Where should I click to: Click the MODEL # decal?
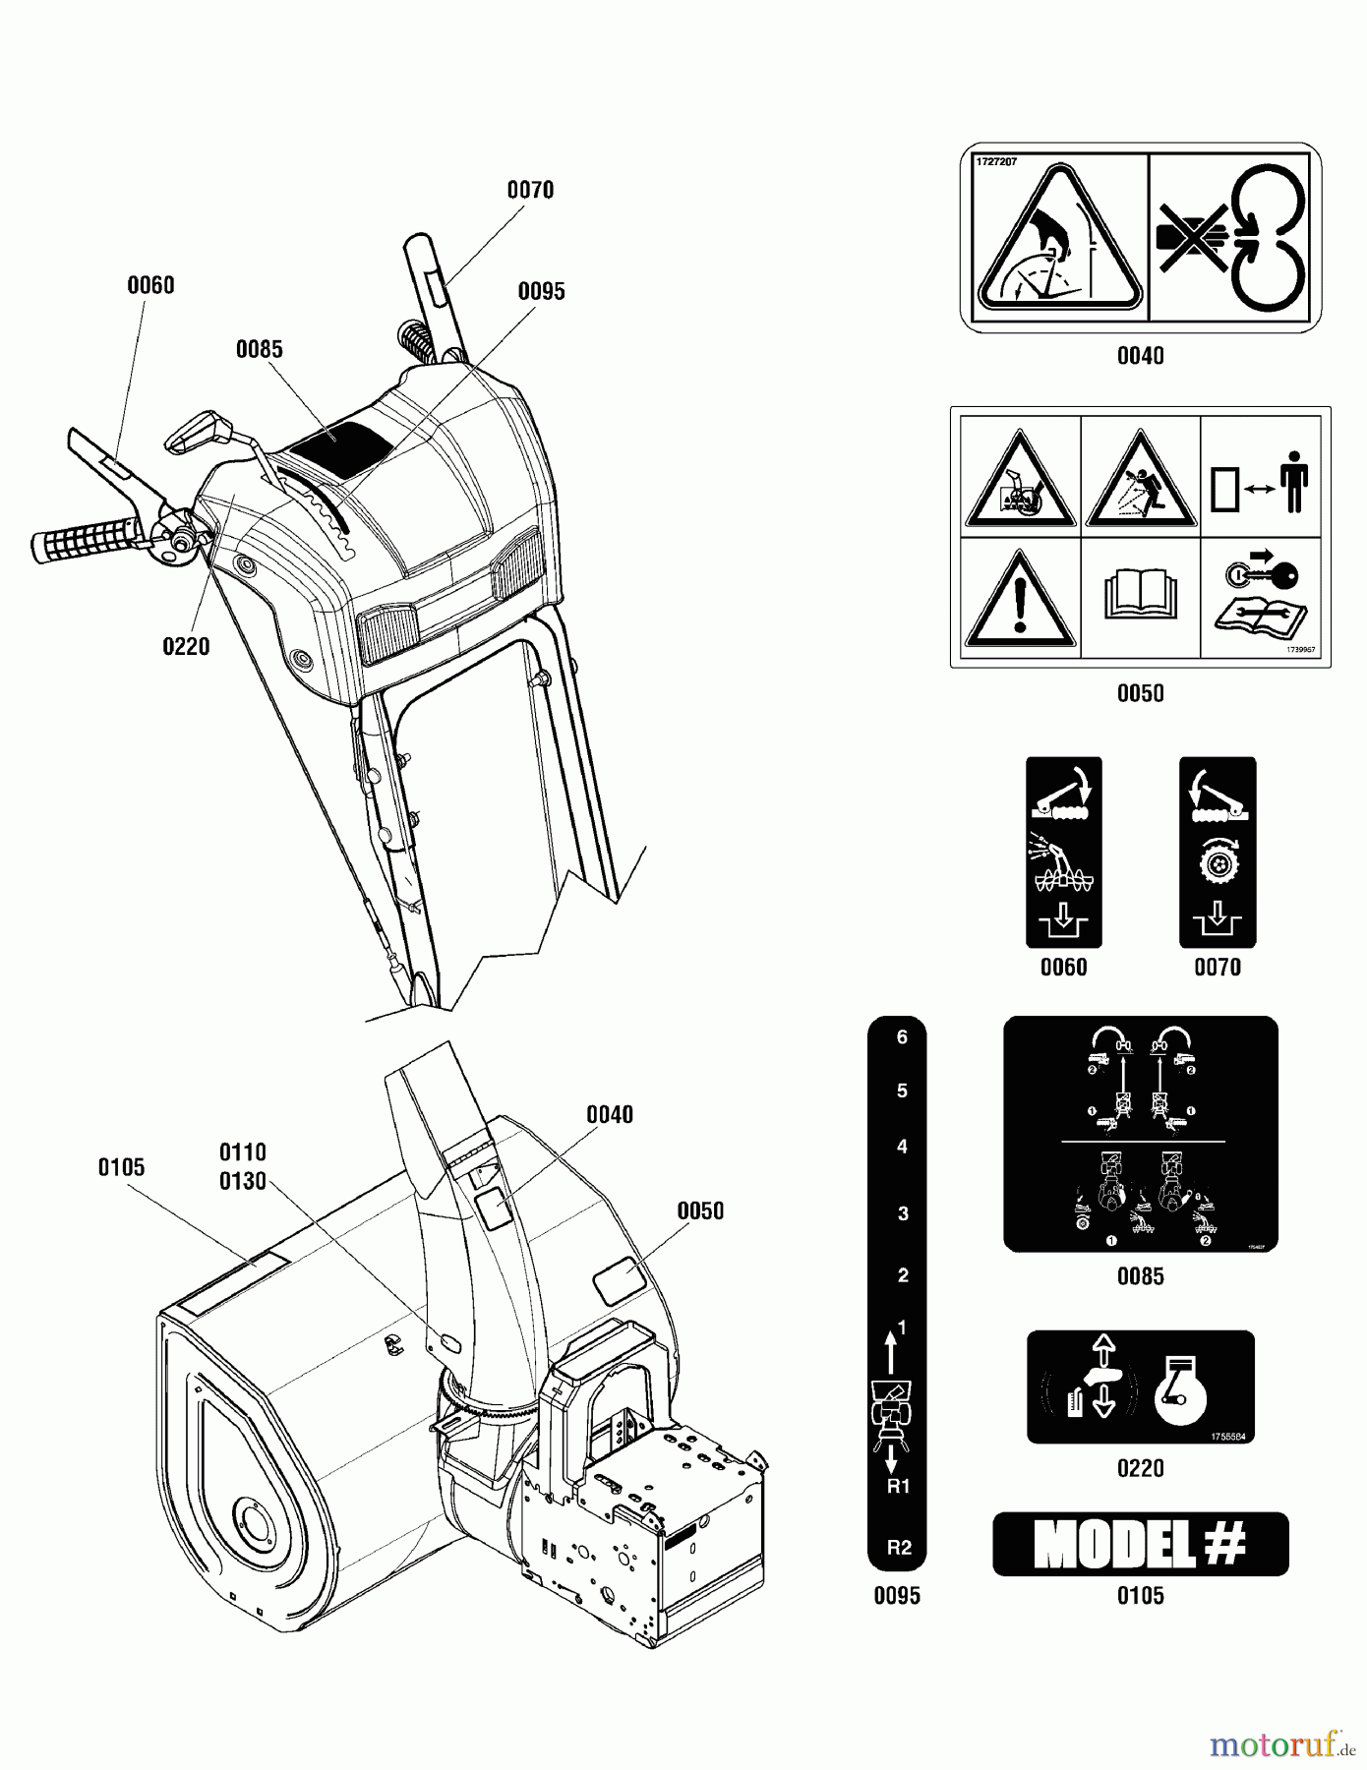(1140, 1544)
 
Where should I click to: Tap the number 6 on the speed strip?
(902, 1037)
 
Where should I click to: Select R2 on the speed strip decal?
(899, 1547)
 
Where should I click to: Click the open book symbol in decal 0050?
(1140, 597)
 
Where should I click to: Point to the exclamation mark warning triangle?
(1020, 597)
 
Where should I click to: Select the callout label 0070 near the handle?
(530, 190)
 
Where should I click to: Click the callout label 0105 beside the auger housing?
(121, 1167)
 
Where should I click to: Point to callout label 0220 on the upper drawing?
(186, 646)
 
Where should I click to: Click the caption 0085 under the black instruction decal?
(1140, 1276)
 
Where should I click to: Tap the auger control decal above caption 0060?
(1063, 852)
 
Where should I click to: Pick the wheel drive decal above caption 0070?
(1217, 852)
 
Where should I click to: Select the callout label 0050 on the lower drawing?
(700, 1210)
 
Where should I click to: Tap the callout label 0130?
(243, 1181)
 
